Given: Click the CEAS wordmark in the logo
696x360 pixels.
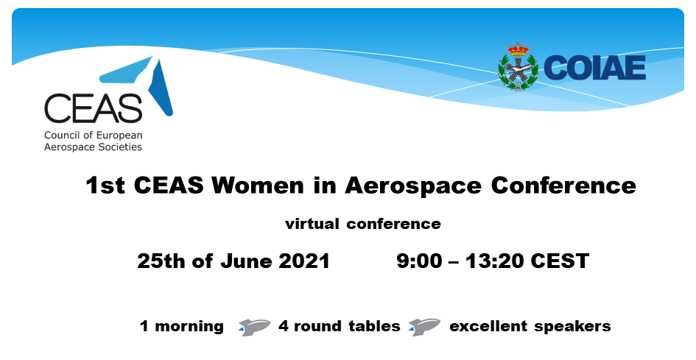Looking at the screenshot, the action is [94, 108].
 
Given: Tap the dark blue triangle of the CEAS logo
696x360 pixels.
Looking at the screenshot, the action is [161, 89].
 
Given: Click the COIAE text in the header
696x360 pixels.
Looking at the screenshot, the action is [594, 68].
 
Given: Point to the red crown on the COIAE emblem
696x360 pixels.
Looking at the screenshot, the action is [518, 49].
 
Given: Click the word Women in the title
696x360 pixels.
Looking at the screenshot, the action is [258, 185].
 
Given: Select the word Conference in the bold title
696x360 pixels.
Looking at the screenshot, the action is [563, 185].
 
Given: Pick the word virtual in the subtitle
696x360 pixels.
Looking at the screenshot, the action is [312, 223].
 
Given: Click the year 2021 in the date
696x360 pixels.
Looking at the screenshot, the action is [304, 261].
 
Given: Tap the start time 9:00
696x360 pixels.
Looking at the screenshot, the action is [420, 261].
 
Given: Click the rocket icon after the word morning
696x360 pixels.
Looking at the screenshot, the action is [254, 327].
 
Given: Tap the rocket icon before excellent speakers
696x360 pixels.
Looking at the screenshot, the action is [424, 327].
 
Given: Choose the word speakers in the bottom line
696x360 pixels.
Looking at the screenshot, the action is [572, 327].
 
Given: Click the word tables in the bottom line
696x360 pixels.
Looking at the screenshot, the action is [374, 326].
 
